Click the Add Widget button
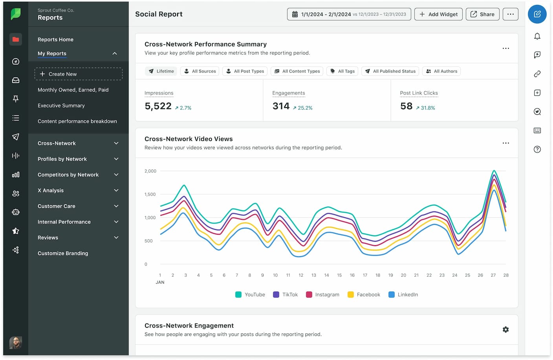point(438,14)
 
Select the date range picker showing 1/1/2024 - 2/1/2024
point(349,14)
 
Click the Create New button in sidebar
point(78,74)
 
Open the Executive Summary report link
point(61,106)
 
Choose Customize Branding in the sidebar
point(63,253)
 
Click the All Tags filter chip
point(342,71)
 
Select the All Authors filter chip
point(441,71)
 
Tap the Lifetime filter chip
point(161,71)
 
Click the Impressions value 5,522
point(158,106)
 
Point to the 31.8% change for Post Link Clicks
point(426,108)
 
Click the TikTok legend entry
point(286,295)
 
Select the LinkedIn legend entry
point(403,295)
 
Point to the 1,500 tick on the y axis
point(150,194)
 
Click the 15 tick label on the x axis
point(339,276)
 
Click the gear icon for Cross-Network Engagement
point(505,330)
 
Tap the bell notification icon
point(537,36)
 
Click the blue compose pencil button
point(537,14)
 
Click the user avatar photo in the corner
point(16,343)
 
